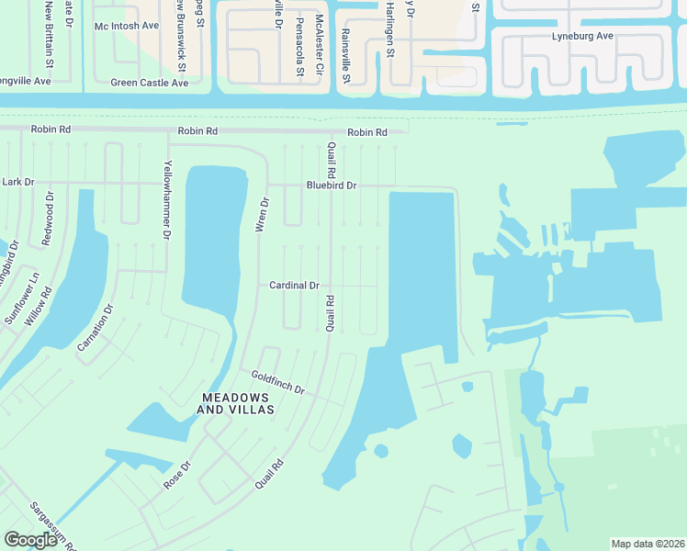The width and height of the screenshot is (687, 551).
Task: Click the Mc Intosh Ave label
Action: [x=127, y=26]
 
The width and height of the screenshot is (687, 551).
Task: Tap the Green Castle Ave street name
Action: [x=150, y=83]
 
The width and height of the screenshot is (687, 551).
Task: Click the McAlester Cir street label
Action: [x=320, y=44]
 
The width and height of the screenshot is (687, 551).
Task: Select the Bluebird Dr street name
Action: [x=331, y=186]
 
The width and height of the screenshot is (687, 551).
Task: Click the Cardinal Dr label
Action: [x=294, y=286]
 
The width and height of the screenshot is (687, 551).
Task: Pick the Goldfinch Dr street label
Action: [x=277, y=383]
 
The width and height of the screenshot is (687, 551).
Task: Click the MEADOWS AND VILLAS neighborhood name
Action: [x=238, y=403]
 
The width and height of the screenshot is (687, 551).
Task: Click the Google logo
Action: [x=29, y=540]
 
